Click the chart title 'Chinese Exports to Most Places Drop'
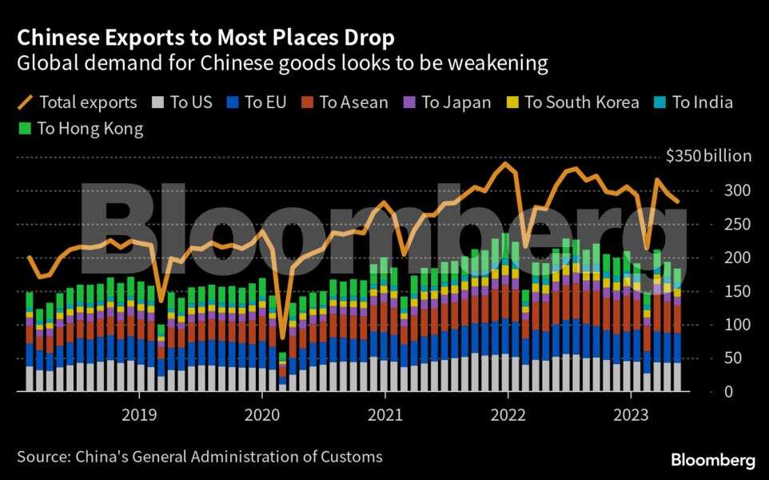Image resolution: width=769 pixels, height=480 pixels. (x=205, y=38)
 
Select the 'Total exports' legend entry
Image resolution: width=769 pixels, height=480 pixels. (x=77, y=102)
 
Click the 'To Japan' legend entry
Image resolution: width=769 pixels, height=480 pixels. (x=446, y=102)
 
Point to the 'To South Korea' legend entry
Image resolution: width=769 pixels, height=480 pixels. (x=572, y=102)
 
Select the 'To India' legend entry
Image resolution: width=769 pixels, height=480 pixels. (x=693, y=102)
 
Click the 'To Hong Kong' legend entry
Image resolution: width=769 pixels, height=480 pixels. (x=80, y=129)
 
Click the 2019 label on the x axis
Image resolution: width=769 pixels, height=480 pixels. (x=139, y=415)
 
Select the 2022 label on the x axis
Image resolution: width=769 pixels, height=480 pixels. (x=508, y=415)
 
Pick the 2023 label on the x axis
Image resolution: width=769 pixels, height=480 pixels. (x=630, y=415)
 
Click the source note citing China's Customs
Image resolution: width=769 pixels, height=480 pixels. (x=199, y=457)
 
